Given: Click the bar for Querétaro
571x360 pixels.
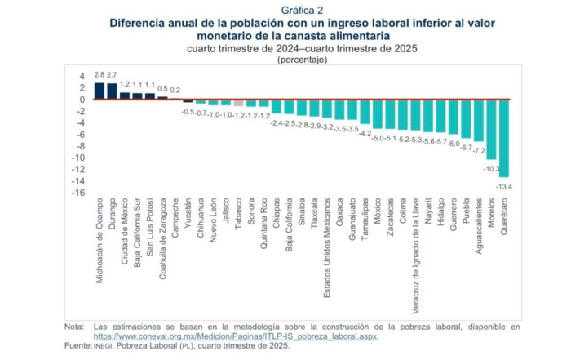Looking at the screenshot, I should coord(504,138).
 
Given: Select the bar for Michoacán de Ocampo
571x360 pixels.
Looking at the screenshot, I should coord(100,91).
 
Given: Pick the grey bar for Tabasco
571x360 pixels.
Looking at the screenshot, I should coord(237,103).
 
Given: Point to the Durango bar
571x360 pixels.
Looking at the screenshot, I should coord(113,91).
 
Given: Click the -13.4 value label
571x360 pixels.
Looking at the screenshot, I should coord(504,186).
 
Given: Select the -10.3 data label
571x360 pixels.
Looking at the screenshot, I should coord(491,168).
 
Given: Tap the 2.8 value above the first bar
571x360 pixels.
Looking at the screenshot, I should coord(100,74).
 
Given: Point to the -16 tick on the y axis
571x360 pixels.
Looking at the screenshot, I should coord(78,193).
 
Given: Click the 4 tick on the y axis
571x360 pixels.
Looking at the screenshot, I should coord(82,77).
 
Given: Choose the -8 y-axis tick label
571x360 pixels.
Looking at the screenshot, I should coord(80,147).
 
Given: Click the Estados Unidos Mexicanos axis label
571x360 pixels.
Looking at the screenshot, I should coord(326,244).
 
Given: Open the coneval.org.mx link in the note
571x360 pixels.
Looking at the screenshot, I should coord(236,336).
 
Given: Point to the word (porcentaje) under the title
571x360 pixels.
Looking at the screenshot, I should coord(302,60).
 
